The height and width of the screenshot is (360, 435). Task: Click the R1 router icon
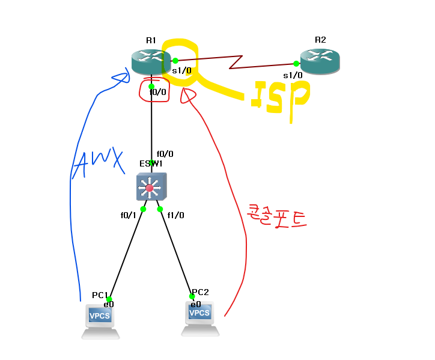click(x=150, y=61)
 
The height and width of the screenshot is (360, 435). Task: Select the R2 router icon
click(x=320, y=61)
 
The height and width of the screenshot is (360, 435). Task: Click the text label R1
click(x=150, y=40)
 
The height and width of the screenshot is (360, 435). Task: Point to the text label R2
click(x=320, y=40)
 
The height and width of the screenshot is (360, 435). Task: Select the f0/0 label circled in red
click(x=157, y=92)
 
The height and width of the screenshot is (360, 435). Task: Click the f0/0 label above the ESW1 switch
click(x=165, y=154)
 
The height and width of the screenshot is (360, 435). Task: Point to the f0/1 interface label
click(x=129, y=215)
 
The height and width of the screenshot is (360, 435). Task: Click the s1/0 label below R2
click(x=293, y=75)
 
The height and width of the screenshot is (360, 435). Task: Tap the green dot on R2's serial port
click(x=296, y=63)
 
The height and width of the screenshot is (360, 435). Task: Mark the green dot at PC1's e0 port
click(x=109, y=299)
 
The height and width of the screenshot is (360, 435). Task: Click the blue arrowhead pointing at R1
click(x=123, y=77)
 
